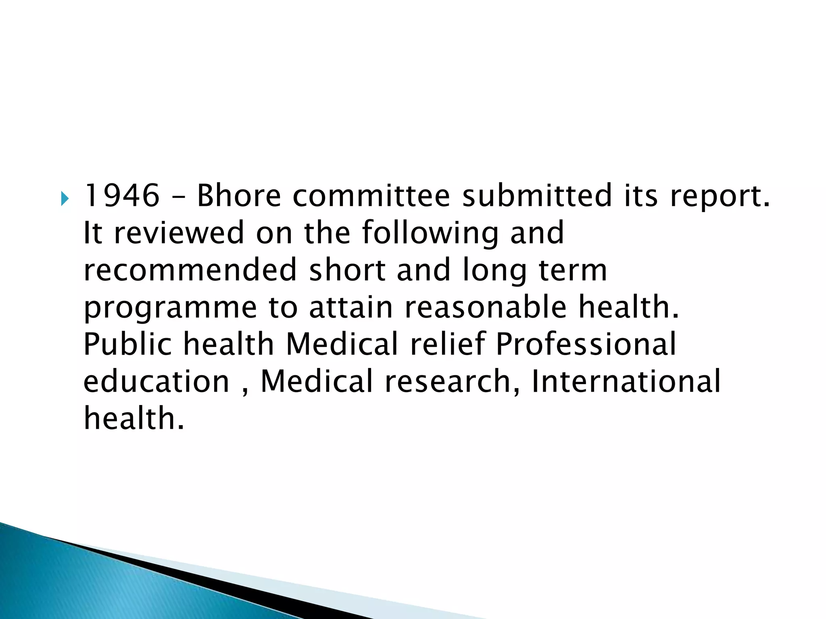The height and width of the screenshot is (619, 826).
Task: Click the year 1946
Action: (121, 195)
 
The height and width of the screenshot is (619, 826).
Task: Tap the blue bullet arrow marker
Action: (65, 198)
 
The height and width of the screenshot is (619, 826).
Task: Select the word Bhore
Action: (238, 195)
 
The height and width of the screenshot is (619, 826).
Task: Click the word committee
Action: (371, 195)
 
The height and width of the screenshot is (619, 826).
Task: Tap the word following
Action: (430, 234)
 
